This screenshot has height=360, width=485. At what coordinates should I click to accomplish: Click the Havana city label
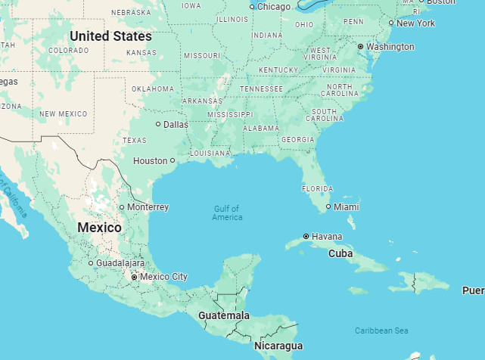[x=327, y=237]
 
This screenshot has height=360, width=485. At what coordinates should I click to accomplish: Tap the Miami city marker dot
[x=328, y=206]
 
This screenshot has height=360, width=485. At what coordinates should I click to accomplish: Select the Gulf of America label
[x=227, y=213]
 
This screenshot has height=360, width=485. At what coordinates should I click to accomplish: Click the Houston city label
[x=150, y=161]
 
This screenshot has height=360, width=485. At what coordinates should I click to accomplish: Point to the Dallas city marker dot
[x=158, y=124]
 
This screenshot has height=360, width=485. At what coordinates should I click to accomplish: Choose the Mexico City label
[x=164, y=277]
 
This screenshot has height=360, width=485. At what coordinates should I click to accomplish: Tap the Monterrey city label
[x=148, y=207]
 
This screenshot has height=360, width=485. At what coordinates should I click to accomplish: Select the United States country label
[x=110, y=36]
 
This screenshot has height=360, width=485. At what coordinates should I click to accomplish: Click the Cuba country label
[x=340, y=254]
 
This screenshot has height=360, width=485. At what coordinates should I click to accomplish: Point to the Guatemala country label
[x=224, y=315]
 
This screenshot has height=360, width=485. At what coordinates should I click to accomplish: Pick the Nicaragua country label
[x=278, y=346]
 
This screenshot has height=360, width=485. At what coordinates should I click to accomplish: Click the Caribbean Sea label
[x=381, y=331]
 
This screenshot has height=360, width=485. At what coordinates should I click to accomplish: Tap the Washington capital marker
[x=361, y=47]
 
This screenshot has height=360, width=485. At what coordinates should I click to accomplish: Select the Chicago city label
[x=273, y=7]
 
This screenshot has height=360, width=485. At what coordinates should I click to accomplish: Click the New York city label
[x=415, y=23]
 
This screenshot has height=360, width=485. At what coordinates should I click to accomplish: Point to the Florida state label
[x=317, y=188]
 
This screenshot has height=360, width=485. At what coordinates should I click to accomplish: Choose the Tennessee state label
[x=262, y=89]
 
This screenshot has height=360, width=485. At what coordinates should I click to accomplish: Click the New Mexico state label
[x=63, y=114]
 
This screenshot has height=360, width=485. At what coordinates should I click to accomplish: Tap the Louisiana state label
[x=210, y=153]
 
